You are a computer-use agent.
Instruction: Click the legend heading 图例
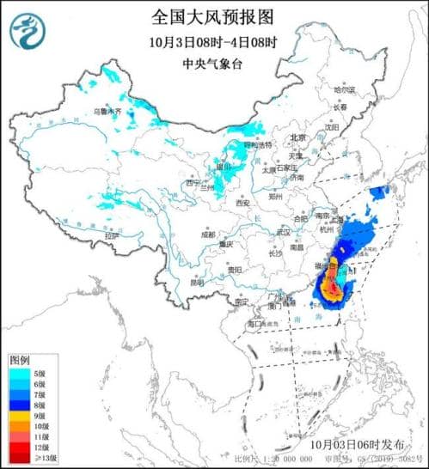coord(21,359)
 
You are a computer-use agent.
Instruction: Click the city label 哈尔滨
coord(344,88)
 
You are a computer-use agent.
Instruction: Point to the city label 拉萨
coord(110,235)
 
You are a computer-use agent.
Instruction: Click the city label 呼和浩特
coord(257,145)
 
